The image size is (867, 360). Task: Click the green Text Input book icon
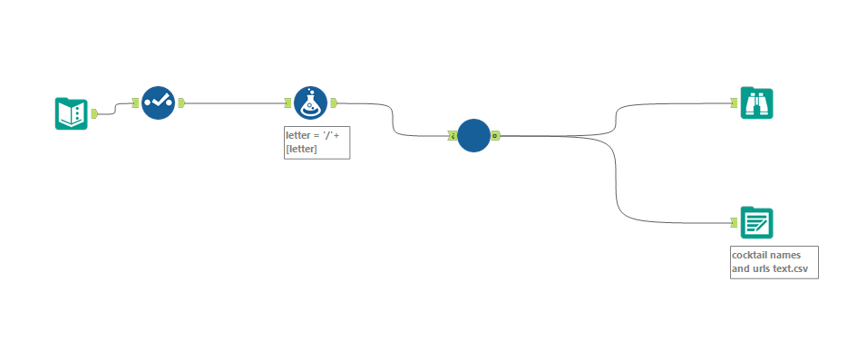[71, 113]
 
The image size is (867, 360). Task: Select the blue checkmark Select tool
[158, 102]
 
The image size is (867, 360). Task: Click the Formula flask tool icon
[310, 102]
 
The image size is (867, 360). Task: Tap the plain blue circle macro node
[473, 136]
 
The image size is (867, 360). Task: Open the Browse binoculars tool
[756, 103]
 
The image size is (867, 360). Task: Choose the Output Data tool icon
[756, 222]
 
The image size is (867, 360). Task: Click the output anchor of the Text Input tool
[93, 113]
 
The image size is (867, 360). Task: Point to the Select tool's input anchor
[136, 102]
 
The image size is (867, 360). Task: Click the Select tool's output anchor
[180, 102]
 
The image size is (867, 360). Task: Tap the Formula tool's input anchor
[288, 102]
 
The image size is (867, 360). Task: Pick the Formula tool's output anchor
[333, 102]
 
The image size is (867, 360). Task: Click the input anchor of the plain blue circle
[452, 136]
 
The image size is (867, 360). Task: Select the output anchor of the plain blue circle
[495, 136]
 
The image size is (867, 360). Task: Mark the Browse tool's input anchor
[735, 103]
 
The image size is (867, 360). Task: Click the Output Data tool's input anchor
[735, 222]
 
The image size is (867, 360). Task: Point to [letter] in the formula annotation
[302, 149]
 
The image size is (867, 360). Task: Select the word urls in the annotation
[764, 269]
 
